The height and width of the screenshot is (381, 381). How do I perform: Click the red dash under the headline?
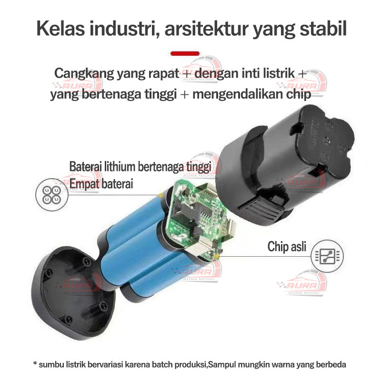pyautogui.click(x=185, y=52)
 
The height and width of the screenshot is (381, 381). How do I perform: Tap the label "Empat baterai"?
pyautogui.click(x=101, y=184)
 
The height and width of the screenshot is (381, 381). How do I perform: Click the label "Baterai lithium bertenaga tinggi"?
pyautogui.click(x=140, y=167)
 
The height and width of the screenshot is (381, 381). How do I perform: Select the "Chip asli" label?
pyautogui.click(x=287, y=247)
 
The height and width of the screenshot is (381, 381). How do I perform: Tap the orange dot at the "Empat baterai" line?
pyautogui.click(x=160, y=195)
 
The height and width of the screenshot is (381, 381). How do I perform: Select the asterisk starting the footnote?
pyautogui.click(x=35, y=365)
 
